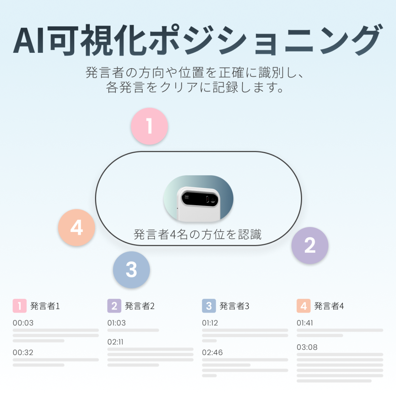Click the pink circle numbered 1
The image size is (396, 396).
(x=149, y=126)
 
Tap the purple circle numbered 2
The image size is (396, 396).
(x=310, y=245)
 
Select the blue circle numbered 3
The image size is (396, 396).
(x=131, y=270)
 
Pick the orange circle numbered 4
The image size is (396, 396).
(x=77, y=227)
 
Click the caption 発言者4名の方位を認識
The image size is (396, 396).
(x=198, y=235)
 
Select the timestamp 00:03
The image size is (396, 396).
(x=23, y=323)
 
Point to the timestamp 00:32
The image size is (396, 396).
(x=23, y=352)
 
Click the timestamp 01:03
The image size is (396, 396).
(x=116, y=323)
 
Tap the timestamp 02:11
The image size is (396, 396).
(x=115, y=342)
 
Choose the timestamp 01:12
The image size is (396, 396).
(x=210, y=323)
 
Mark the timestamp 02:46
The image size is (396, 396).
(x=212, y=352)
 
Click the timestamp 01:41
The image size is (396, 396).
(x=305, y=323)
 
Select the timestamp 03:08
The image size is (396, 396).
(x=307, y=347)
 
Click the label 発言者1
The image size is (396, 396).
(x=45, y=306)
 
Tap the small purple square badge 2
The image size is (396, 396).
(x=114, y=306)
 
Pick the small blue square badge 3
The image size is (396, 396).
(x=209, y=306)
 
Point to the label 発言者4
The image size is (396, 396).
(x=329, y=306)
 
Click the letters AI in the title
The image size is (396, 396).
(x=29, y=41)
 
